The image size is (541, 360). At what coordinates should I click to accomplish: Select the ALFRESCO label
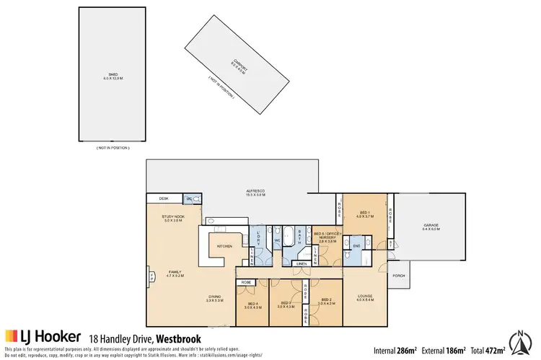(x=255, y=193)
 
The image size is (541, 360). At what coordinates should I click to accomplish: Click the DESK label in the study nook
(x=164, y=198)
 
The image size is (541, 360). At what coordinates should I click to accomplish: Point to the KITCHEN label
(x=224, y=247)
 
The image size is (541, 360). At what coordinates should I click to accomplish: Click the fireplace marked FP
(x=151, y=275)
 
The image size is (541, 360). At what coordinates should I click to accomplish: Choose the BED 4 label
(x=252, y=304)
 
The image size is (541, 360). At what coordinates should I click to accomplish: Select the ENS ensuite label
(x=356, y=246)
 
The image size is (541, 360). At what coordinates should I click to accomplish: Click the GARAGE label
(x=431, y=226)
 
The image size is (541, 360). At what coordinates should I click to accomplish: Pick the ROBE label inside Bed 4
(x=246, y=282)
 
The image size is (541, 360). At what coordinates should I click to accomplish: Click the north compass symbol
(x=521, y=343)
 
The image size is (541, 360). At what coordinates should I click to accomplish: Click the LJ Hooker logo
(x=43, y=337)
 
